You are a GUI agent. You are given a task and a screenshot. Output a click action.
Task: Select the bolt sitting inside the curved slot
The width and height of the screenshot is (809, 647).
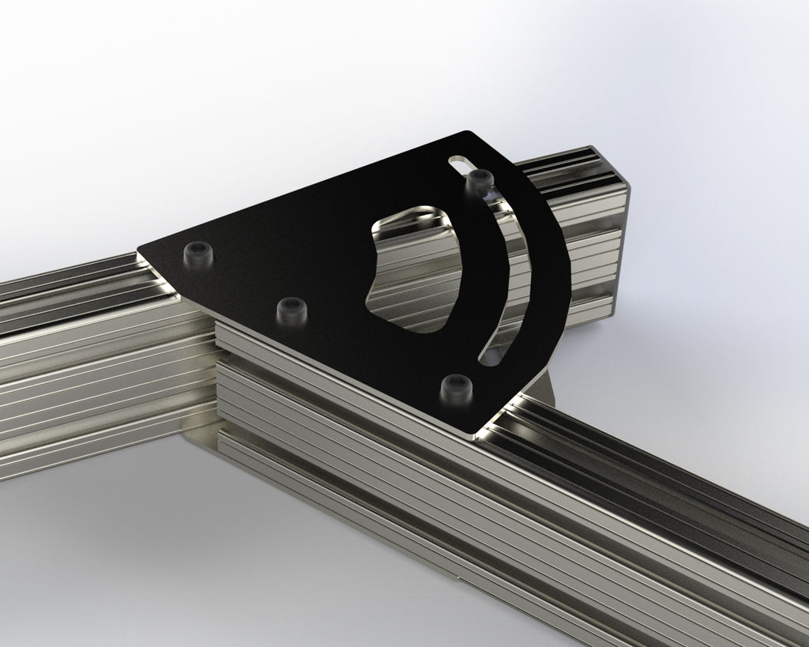pyautogui.click(x=479, y=181)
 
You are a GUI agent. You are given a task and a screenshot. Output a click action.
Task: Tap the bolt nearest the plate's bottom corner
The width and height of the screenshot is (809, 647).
pyautogui.click(x=455, y=387)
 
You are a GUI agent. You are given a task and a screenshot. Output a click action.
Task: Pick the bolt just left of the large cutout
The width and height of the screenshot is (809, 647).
pyautogui.click(x=292, y=309)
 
